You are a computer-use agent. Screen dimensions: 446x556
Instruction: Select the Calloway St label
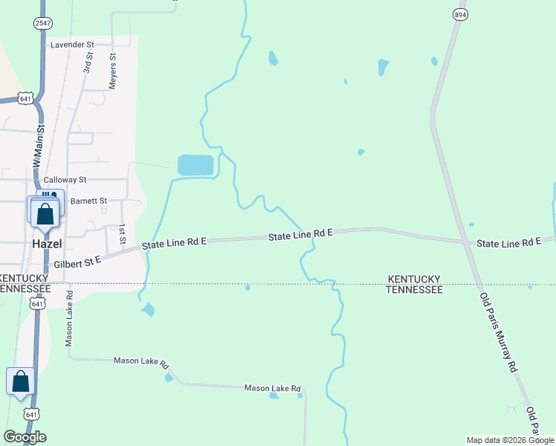pyautogui.click(x=65, y=180)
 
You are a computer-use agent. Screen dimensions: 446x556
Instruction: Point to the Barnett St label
pyautogui.click(x=88, y=201)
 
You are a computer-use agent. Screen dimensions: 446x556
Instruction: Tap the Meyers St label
pyautogui.click(x=113, y=71)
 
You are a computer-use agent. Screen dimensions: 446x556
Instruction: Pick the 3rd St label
pyautogui.click(x=88, y=61)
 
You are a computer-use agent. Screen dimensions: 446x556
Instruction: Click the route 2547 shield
pyautogui.click(x=42, y=24)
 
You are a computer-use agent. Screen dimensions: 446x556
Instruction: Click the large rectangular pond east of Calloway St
pyautogui.click(x=195, y=166)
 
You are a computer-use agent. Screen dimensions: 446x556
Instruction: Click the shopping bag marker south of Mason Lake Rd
pyautogui.click(x=20, y=381)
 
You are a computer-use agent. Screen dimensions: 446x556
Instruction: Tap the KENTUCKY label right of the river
pyautogui.click(x=414, y=279)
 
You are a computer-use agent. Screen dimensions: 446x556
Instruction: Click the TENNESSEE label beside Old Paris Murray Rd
pyautogui.click(x=414, y=290)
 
